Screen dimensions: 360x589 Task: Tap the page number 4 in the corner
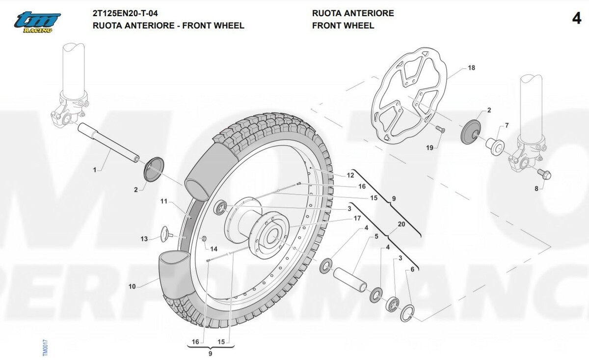[x=577, y=19]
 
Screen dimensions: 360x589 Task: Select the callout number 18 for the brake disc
[x=471, y=68]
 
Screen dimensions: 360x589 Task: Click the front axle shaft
[x=108, y=142]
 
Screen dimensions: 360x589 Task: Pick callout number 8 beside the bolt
[x=536, y=189]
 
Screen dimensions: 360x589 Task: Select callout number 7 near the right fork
[x=507, y=126]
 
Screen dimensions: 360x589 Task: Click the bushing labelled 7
[x=494, y=146]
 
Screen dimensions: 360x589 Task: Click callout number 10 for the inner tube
[x=132, y=286]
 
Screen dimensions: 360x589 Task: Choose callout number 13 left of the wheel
[x=144, y=239]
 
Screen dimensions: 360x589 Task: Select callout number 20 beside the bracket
[x=402, y=223]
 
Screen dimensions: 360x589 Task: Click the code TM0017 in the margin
[x=44, y=348]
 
